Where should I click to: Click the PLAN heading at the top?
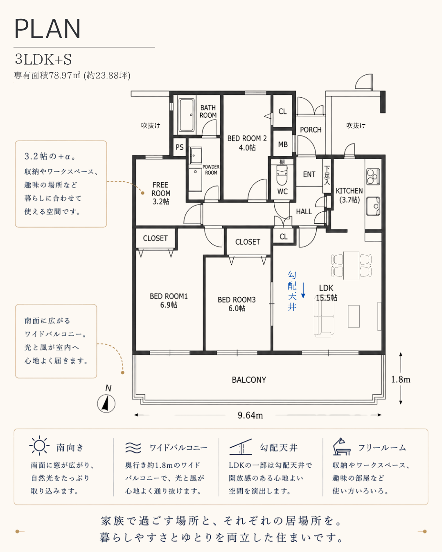[x=47, y=29]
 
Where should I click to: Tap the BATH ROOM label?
[x=208, y=111]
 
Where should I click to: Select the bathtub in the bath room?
[x=187, y=115]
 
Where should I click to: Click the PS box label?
[x=180, y=147]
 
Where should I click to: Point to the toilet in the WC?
[x=282, y=175]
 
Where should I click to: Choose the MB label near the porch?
[x=283, y=144]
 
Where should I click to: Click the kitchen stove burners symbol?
[x=373, y=177]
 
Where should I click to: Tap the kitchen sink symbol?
[x=373, y=206]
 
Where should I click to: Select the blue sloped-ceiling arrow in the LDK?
[x=303, y=290]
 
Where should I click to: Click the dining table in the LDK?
[x=351, y=265]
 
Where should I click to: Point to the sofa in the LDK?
[x=324, y=318]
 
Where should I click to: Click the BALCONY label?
[x=249, y=379]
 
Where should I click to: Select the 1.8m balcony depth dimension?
[x=401, y=379]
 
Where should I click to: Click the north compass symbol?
[x=106, y=404]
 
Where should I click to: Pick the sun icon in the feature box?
[x=39, y=446]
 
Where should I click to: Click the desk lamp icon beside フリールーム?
[x=341, y=447]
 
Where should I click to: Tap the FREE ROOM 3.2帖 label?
[x=161, y=193]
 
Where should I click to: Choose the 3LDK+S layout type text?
[x=43, y=60]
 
